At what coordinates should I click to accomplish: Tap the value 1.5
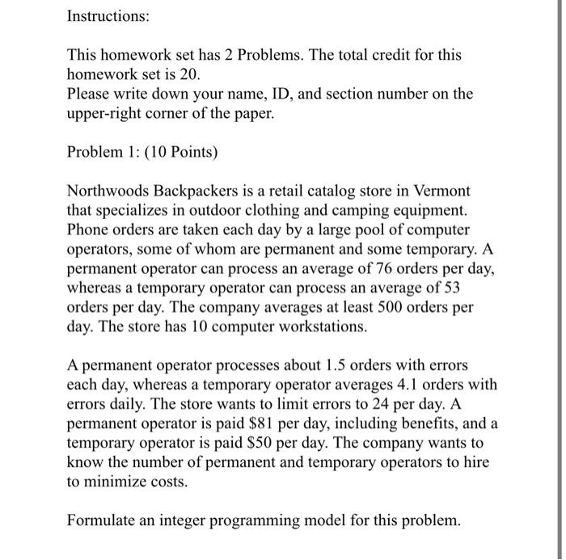click(310, 366)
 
